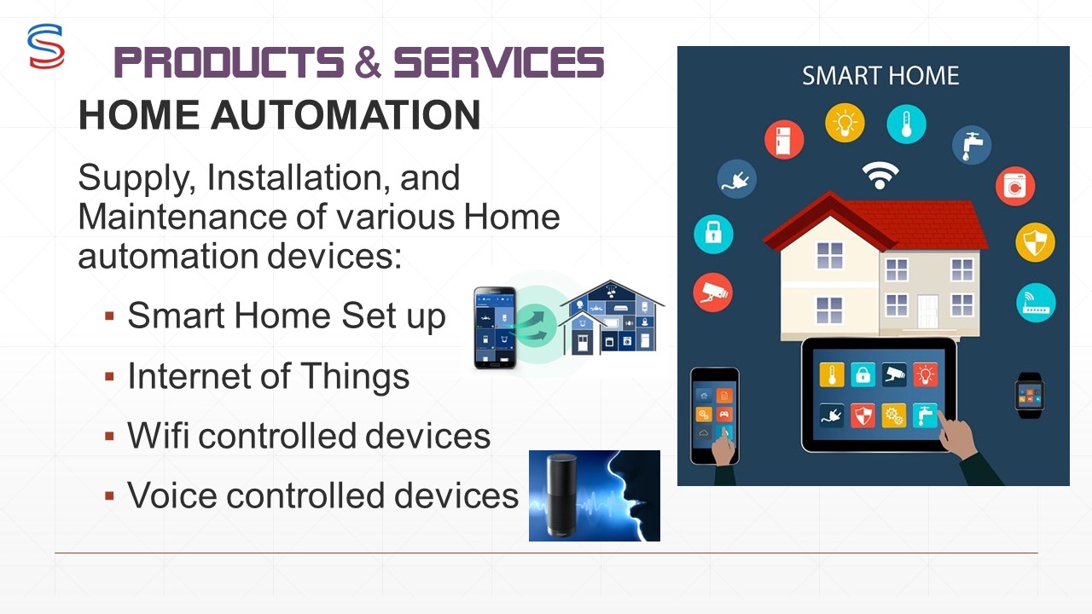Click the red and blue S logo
tap(46, 46)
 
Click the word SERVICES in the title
tap(499, 62)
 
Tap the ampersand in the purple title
tap(368, 62)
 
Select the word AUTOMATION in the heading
tap(346, 115)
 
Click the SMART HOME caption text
tap(880, 76)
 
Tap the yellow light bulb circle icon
tap(845, 123)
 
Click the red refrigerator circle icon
tap(784, 140)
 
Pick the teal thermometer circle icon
tap(906, 125)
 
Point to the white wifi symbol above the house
tap(880, 176)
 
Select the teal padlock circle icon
tap(713, 234)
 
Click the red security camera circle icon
tap(712, 293)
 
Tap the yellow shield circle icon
tap(1036, 242)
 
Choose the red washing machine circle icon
tap(1015, 186)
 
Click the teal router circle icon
tap(1036, 303)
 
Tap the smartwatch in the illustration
tap(1030, 395)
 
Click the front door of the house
tap(928, 312)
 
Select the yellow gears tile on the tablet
tap(893, 415)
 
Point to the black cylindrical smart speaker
tap(561, 496)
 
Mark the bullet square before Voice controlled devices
tap(109, 496)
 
